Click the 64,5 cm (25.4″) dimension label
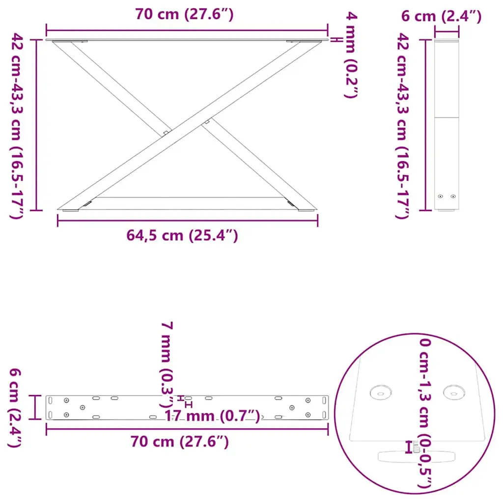point(182,236)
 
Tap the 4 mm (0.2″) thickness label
point(351,55)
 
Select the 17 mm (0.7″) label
point(212,416)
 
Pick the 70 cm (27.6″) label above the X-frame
point(185,14)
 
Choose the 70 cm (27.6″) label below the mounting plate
point(180,442)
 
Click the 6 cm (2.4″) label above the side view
point(442,16)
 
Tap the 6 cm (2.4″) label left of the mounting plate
point(15,408)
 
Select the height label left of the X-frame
point(17,126)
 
